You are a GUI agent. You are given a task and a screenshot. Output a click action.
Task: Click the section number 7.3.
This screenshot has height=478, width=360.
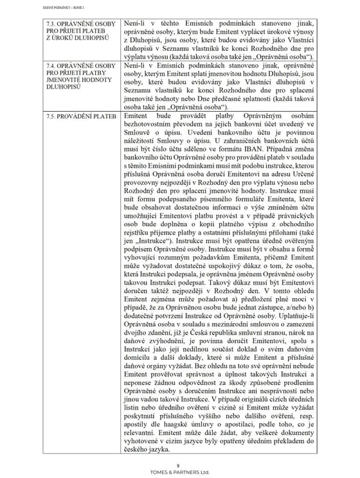pos(53,24)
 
